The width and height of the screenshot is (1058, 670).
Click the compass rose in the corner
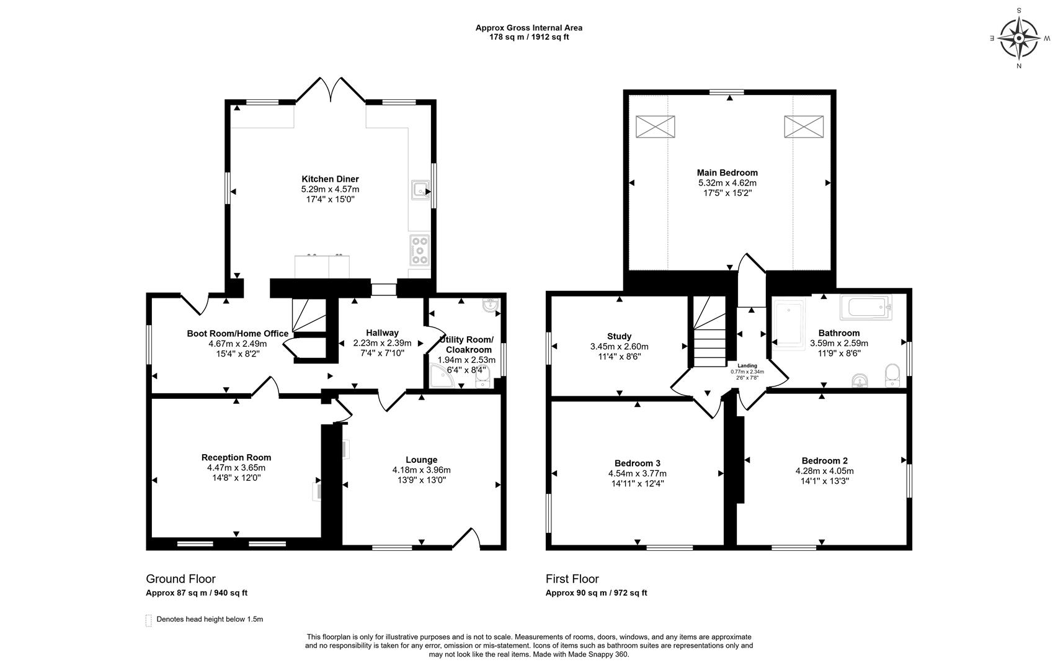click(x=1019, y=38)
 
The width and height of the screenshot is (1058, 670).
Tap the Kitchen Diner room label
click(x=330, y=179)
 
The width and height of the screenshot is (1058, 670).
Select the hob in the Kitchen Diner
click(x=419, y=251)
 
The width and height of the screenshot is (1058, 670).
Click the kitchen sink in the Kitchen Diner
click(x=420, y=190)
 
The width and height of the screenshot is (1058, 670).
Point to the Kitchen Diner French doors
click(x=331, y=90)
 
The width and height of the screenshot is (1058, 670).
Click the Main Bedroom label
click(x=727, y=173)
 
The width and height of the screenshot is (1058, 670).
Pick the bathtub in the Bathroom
click(x=866, y=307)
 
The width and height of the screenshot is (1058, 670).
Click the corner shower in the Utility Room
click(x=441, y=376)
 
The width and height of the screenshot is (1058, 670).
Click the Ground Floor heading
click(x=180, y=579)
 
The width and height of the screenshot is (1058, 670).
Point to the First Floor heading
click(x=572, y=579)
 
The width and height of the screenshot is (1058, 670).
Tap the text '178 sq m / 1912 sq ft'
click(x=529, y=37)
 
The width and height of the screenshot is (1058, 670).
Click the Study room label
click(x=619, y=336)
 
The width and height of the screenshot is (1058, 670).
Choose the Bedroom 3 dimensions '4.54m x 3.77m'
click(x=637, y=473)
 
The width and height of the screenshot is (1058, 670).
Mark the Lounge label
click(x=421, y=460)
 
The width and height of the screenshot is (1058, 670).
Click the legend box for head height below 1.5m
click(x=149, y=620)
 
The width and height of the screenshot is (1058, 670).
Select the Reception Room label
click(x=236, y=457)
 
